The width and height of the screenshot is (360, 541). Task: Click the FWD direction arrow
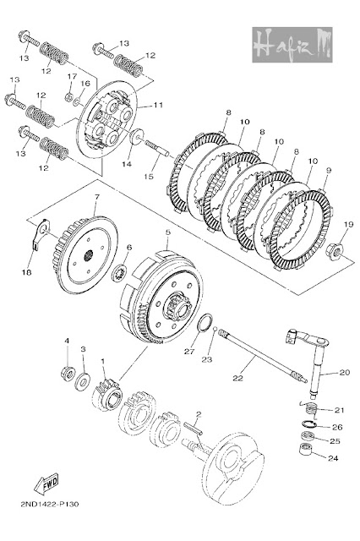tap(46, 484)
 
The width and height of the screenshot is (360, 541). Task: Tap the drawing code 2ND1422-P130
tap(49, 504)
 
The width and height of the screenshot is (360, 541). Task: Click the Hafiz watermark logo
tap(292, 45)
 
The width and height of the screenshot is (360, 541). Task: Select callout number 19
tap(348, 225)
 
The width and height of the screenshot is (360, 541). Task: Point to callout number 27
tap(189, 352)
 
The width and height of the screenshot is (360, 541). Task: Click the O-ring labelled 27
tap(205, 323)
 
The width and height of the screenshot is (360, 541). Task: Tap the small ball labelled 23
tap(215, 329)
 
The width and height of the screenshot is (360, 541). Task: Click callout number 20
tap(345, 372)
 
